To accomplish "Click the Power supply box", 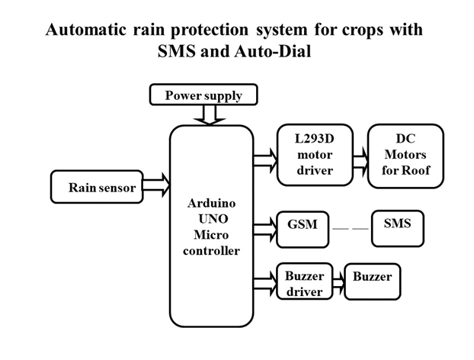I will click(x=203, y=95).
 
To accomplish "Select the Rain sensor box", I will click(x=97, y=187).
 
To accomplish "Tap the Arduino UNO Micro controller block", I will click(x=211, y=227).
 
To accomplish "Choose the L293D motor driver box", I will click(x=315, y=155).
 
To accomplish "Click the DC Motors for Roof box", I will click(x=405, y=155).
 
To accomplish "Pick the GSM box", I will click(x=303, y=228).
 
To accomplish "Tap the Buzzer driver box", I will click(x=305, y=283).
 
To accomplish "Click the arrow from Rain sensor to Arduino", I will click(x=156, y=185).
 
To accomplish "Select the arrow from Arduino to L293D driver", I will click(x=265, y=160).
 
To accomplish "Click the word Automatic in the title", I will click(x=85, y=30).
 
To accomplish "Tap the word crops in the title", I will click(x=359, y=30).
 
